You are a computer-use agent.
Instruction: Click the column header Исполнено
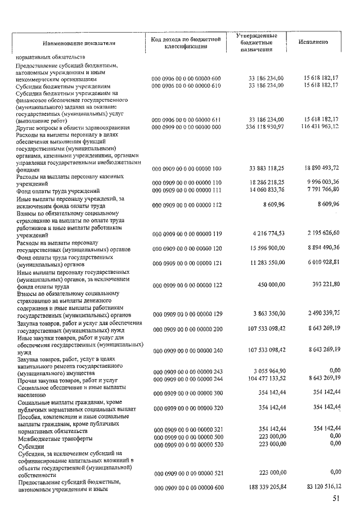314,42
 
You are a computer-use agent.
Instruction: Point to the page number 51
337,498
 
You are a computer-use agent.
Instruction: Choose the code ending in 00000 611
187,120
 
